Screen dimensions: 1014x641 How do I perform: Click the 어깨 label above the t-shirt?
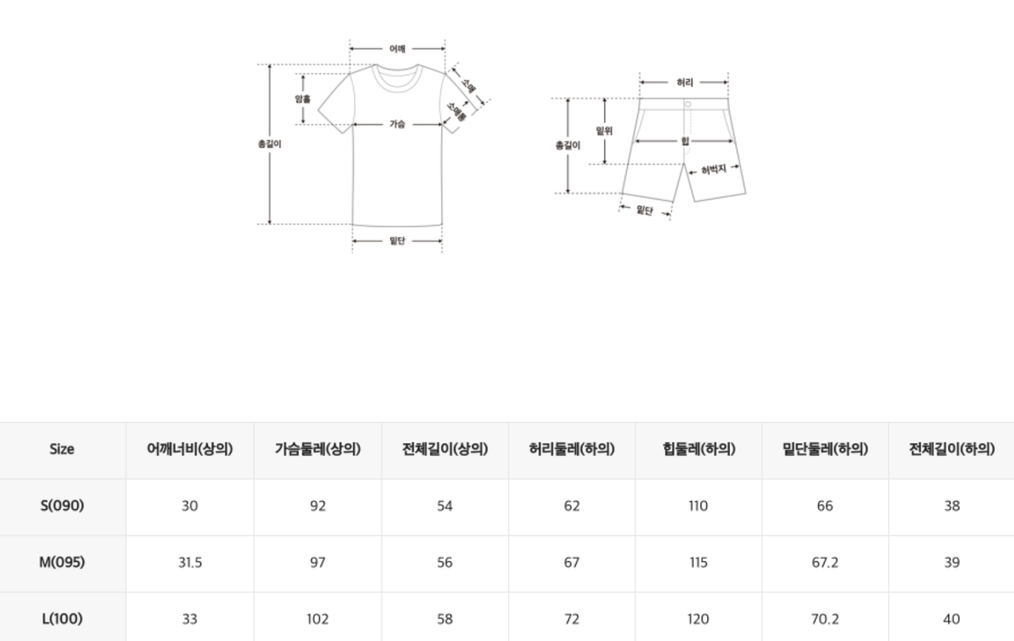point(397,49)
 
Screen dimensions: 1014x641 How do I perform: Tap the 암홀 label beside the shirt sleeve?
point(303,99)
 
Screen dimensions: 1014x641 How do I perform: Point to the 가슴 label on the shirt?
point(397,124)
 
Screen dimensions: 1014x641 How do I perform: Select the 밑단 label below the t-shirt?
point(397,241)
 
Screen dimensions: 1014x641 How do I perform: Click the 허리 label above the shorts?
point(684,82)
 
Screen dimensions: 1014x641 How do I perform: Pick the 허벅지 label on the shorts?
point(713,170)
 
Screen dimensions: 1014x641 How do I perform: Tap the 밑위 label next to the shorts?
point(604,131)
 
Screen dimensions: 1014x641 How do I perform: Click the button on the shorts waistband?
point(688,105)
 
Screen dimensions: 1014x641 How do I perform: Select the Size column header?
point(62,449)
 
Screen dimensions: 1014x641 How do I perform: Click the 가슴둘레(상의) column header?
point(318,449)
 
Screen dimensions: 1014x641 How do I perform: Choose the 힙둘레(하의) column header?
point(699,449)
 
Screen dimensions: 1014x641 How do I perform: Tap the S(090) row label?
point(62,505)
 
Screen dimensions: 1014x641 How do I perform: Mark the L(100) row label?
point(62,618)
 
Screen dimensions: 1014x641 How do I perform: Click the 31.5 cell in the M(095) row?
point(190,562)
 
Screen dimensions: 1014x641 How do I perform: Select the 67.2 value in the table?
point(826,562)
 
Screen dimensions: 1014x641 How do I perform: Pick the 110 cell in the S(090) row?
point(699,506)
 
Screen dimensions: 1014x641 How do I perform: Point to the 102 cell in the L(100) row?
point(318,619)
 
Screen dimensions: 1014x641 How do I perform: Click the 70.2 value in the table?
point(826,619)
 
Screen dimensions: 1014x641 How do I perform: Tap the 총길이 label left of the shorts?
point(568,145)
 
